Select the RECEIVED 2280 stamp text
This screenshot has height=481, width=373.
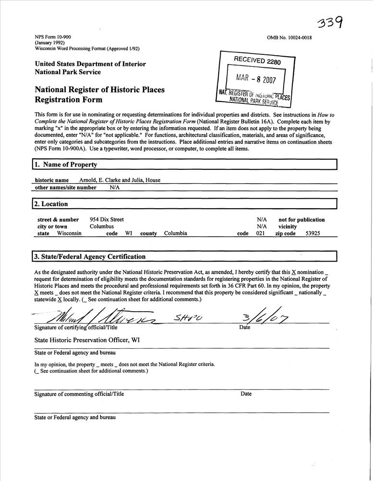coord(257,61)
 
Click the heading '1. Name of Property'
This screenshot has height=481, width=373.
coord(66,165)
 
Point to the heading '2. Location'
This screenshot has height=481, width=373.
coord(50,204)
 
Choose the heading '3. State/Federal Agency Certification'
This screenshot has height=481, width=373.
coord(89,256)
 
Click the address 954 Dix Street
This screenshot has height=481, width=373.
coord(107,219)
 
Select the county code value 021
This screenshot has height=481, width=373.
coord(261,233)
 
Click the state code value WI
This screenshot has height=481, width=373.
coord(129,233)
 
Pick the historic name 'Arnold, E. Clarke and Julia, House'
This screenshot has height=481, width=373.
coord(120,180)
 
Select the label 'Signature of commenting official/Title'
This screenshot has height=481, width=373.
coord(79,393)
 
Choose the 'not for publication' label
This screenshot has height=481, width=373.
coord(301,219)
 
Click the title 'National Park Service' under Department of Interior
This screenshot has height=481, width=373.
coord(68,72)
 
